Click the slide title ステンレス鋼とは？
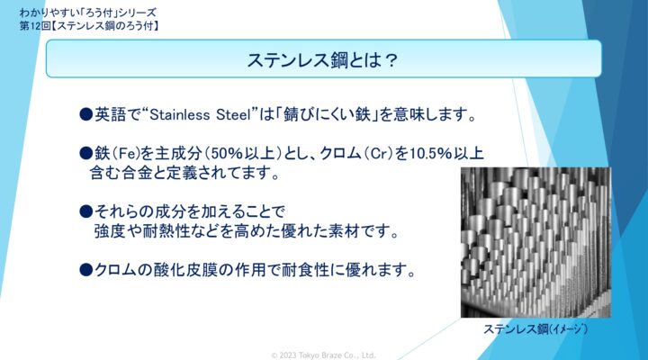click(322, 60)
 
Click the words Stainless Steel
click(201, 114)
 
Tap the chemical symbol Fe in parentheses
click(125, 154)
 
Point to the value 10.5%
click(430, 154)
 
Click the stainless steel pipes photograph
click(535, 242)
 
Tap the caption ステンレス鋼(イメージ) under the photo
click(535, 329)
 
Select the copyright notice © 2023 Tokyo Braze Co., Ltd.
click(324, 355)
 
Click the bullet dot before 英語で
click(86, 114)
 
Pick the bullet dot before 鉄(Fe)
click(86, 154)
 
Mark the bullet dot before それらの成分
click(86, 212)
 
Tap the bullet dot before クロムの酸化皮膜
click(86, 270)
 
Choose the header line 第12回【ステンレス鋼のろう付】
click(89, 25)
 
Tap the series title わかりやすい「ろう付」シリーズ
click(87, 13)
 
